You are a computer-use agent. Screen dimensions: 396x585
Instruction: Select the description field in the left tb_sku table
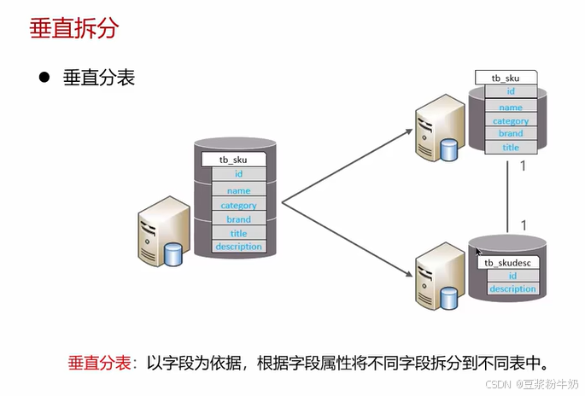click(238, 247)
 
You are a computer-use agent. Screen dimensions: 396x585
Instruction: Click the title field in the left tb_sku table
click(238, 233)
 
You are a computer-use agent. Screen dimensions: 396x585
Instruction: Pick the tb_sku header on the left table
click(233, 160)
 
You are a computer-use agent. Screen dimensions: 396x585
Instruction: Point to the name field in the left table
click(238, 191)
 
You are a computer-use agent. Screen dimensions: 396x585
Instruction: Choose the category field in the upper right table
click(511, 121)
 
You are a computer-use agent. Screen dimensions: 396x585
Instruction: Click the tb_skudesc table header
click(508, 263)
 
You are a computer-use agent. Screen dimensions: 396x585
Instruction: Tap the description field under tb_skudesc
click(512, 289)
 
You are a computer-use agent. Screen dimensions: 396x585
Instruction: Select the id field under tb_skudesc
click(512, 277)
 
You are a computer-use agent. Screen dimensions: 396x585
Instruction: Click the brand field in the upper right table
click(511, 134)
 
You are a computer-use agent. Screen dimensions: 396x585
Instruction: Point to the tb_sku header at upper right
click(506, 78)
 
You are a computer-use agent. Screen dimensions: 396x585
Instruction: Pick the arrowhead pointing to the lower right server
click(407, 277)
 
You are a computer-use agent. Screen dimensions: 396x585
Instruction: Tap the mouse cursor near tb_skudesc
click(479, 253)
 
